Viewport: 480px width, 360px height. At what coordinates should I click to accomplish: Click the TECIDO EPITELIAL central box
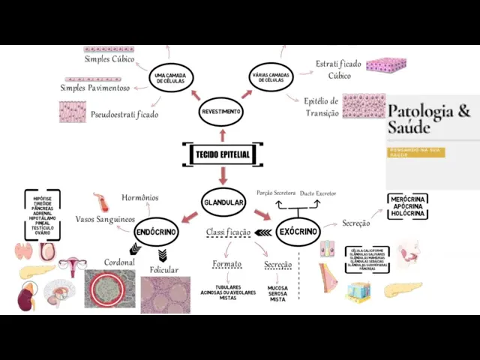click(223, 154)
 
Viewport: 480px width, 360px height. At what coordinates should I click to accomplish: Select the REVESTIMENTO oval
click(221, 112)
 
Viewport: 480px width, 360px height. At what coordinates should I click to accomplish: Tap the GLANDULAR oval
click(223, 202)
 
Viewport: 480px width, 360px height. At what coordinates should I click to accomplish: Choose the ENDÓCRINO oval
click(157, 232)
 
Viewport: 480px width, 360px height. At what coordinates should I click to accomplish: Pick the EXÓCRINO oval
click(298, 231)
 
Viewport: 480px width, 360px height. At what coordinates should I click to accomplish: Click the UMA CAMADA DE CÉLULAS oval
click(171, 78)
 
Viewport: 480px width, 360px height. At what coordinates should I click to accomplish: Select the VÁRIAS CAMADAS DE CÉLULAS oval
click(271, 78)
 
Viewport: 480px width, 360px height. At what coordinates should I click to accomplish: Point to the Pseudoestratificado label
click(124, 115)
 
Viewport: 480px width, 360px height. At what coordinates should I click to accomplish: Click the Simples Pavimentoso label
click(95, 88)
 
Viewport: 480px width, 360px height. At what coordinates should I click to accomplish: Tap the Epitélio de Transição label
click(322, 106)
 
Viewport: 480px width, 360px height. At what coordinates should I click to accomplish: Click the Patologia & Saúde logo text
click(429, 119)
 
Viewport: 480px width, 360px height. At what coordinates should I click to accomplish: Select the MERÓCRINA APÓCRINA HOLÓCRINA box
click(408, 206)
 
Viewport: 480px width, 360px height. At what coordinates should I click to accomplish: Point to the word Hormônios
click(140, 197)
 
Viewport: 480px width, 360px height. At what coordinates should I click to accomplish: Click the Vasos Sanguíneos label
click(105, 219)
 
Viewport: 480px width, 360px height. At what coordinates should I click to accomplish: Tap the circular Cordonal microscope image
click(109, 289)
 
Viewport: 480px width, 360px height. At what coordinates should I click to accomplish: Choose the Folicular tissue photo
click(166, 294)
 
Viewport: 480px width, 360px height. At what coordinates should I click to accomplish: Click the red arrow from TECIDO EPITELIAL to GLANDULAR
click(223, 176)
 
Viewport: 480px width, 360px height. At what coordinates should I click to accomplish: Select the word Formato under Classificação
click(226, 264)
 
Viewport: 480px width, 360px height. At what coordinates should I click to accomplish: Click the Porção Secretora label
click(276, 193)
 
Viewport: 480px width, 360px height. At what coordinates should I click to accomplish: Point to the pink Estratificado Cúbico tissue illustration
click(386, 64)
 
